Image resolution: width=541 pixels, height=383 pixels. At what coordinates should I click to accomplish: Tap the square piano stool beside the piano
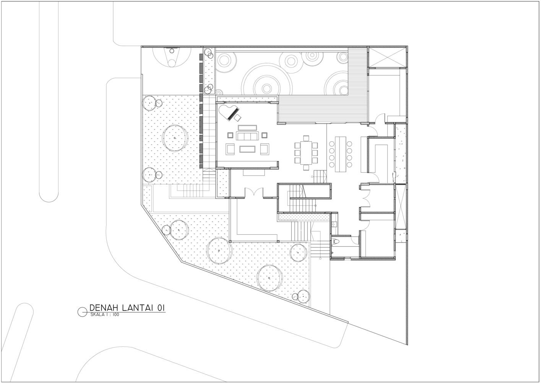[x=238, y=118]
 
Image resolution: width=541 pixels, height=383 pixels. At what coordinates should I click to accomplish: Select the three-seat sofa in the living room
[x=247, y=136]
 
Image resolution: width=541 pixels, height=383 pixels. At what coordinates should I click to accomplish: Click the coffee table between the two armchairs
[x=247, y=149]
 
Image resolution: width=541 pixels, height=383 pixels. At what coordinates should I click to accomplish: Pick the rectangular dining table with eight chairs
[x=306, y=153]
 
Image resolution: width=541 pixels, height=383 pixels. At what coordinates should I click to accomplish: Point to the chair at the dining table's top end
[x=306, y=138]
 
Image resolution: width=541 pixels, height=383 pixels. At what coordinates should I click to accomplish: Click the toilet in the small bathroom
[x=335, y=241]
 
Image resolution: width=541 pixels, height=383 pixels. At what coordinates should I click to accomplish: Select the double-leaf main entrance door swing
[x=254, y=193]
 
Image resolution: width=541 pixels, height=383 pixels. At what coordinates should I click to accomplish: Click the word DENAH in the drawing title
[x=104, y=308]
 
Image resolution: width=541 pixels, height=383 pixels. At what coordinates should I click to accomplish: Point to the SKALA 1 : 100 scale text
[x=105, y=315]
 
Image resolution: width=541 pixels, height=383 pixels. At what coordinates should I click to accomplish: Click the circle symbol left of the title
[x=82, y=312]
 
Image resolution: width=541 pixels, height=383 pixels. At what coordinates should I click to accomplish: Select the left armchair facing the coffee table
[x=230, y=149]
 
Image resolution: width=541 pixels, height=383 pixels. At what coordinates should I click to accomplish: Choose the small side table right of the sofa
[x=265, y=135]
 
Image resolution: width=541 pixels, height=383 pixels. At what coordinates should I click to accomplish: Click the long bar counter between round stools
[x=340, y=154]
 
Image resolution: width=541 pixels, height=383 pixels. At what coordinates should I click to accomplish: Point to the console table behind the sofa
[x=247, y=128]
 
